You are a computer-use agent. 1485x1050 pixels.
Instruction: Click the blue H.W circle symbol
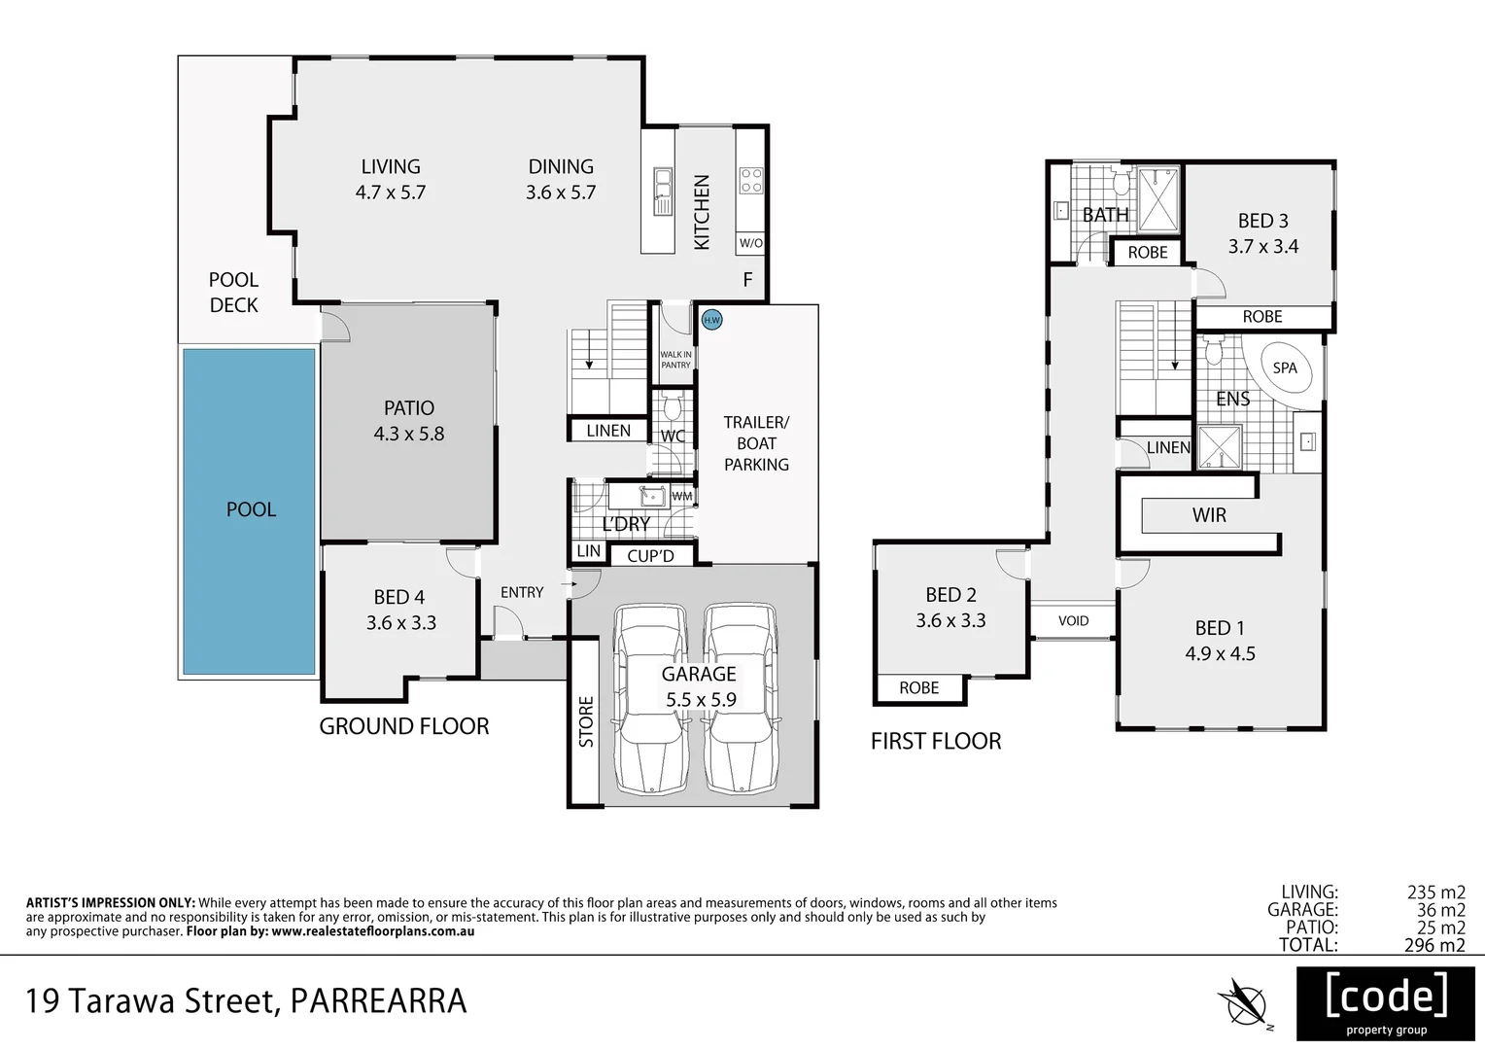pos(711,319)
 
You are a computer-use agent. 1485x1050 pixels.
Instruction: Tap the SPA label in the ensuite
pos(1285,368)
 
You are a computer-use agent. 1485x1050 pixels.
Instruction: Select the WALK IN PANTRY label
pos(675,360)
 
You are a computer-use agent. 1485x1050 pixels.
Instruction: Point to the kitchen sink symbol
pos(663,191)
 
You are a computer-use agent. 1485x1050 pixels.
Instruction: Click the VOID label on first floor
pos(1073,620)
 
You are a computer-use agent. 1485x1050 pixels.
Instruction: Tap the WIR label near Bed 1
pos(1209,515)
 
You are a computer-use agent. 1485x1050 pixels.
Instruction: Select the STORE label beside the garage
pos(586,721)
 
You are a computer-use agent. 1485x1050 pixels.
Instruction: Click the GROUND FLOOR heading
pos(404,726)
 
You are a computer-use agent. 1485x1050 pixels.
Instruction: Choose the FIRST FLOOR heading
pos(935,742)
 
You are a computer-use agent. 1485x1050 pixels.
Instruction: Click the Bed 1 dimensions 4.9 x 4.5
pos(1220,654)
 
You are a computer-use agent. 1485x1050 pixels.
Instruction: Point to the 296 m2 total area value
pos(1433,944)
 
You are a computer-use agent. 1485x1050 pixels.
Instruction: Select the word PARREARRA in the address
pos(379,1001)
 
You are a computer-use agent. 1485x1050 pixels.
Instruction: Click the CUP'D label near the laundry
pos(650,556)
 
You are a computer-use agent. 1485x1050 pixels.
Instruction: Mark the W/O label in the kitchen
pos(750,243)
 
